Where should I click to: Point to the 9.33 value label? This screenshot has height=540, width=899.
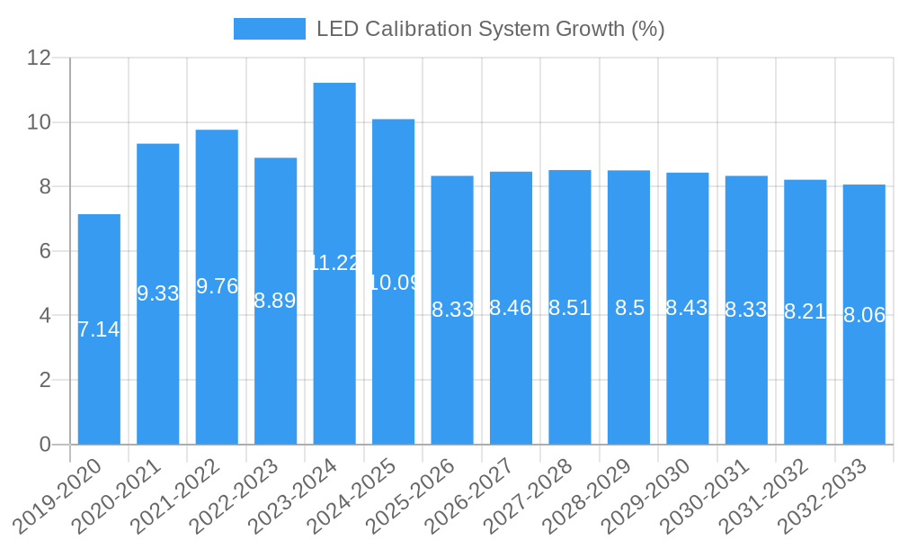158,293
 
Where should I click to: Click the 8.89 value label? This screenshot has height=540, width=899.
275,301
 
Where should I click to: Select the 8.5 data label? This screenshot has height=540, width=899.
629,308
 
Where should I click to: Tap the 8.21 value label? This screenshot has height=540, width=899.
806,311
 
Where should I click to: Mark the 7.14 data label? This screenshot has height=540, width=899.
99,329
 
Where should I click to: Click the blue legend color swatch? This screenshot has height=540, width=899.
269,29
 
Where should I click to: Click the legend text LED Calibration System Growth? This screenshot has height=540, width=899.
490,29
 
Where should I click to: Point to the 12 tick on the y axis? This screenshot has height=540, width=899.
39,58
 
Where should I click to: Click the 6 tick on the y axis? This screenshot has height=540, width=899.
45,251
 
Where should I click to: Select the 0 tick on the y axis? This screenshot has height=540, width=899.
45,445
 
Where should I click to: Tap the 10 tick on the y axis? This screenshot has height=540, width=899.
39,122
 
